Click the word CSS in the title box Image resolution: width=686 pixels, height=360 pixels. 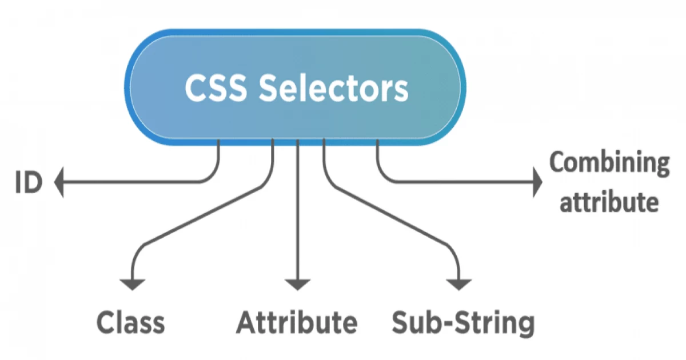[215, 89]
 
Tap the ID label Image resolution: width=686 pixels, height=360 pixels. [29, 184]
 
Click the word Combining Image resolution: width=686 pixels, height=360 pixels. [609, 163]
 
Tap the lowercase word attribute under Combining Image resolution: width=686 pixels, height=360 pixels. [608, 202]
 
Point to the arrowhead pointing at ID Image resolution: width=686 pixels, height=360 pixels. [59, 183]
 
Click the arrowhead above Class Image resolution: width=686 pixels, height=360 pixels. [133, 284]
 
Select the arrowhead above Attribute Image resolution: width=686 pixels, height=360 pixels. [297, 284]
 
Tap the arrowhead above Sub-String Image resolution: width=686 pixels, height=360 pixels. [460, 284]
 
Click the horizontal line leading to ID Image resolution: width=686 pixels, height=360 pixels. [131, 183]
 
